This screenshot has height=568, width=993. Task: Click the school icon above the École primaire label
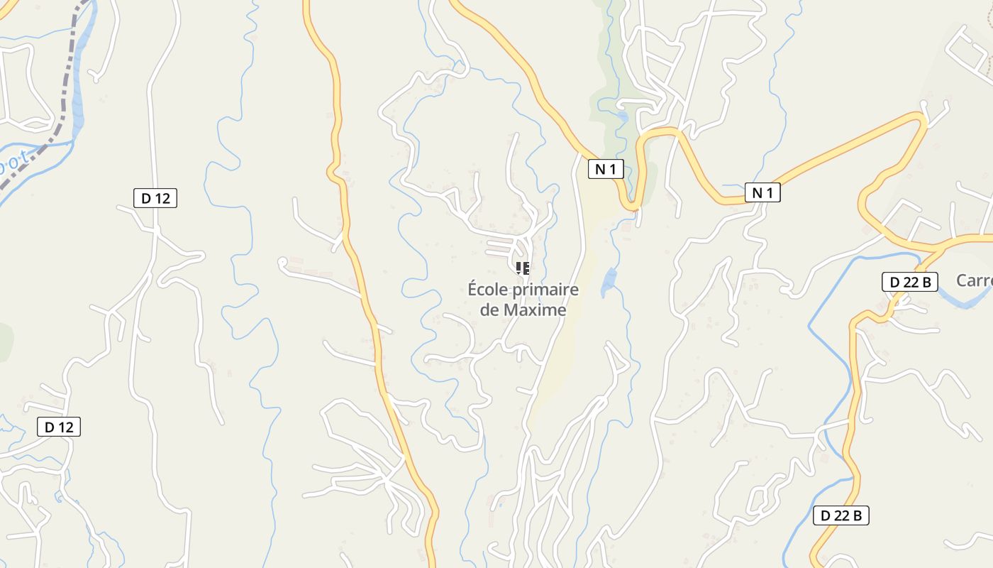pos(523,268)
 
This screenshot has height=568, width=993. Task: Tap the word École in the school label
pos(490,290)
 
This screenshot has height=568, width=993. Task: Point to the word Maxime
pos(535,310)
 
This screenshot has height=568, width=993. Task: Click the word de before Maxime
pos(490,310)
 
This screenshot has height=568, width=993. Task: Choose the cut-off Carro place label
pos(974,280)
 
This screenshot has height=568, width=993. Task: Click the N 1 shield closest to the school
pos(606,169)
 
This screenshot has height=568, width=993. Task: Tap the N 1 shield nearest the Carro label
pos(762,192)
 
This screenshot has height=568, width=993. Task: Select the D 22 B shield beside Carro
pos(910,282)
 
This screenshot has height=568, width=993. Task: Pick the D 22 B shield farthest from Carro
pos(841,515)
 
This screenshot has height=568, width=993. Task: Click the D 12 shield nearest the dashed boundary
pos(155,198)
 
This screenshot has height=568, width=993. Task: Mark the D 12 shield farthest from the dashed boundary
pos(59,427)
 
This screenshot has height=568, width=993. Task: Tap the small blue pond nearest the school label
pos(608,283)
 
